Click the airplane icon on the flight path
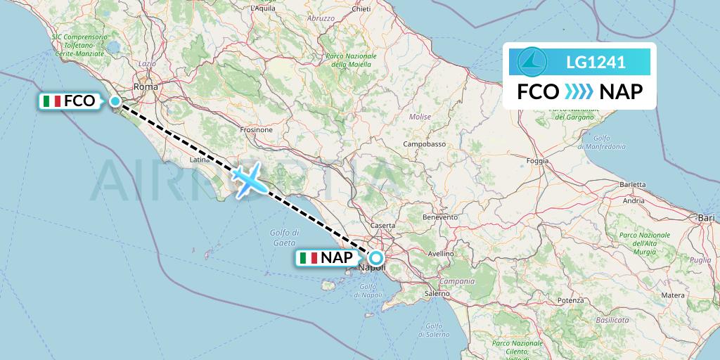(247, 180)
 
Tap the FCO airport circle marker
(115, 101)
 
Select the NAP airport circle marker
(376, 257)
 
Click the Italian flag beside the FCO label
(51, 101)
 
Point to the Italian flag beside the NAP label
(308, 258)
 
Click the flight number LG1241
(596, 62)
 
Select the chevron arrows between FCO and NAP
(579, 92)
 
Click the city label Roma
(146, 86)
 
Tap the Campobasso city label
(425, 143)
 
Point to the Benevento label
(439, 217)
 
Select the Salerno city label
(436, 293)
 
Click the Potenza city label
(570, 300)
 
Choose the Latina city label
(200, 160)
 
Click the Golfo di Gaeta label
(284, 237)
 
